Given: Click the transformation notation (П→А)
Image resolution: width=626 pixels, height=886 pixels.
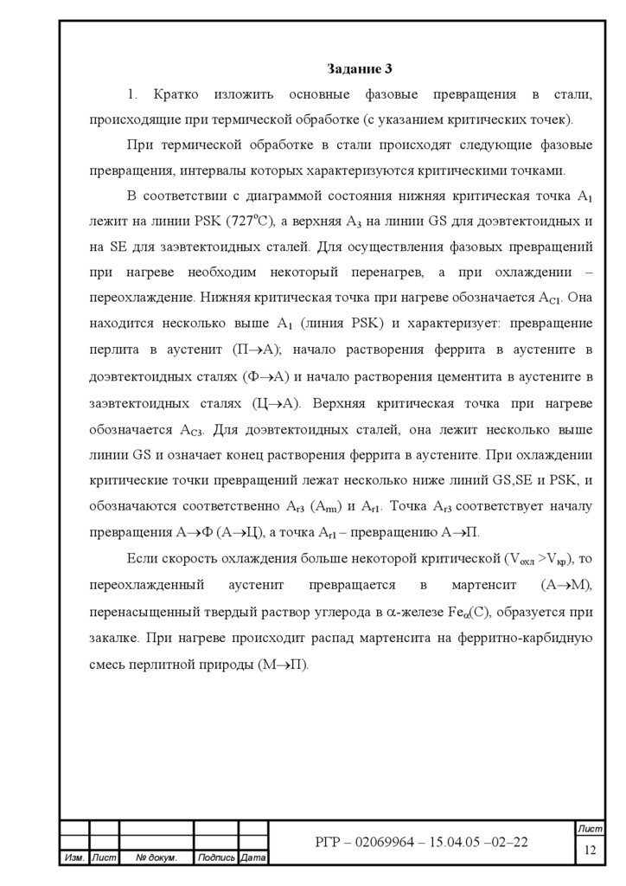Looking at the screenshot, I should coord(264,349).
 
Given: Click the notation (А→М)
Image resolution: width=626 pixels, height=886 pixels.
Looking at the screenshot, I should coord(565,586).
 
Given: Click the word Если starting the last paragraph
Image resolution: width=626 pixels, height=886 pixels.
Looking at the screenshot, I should coord(143,560).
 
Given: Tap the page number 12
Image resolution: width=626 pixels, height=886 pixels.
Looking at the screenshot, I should coord(591,850).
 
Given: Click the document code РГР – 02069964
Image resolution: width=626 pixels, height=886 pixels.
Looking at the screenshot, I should coord(380,842).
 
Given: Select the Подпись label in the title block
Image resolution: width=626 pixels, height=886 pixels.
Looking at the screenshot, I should coord(215,857).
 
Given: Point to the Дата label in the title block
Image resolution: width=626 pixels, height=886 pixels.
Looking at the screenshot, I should coord(252,857).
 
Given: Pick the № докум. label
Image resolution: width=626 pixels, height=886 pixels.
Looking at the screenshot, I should coord(156,857).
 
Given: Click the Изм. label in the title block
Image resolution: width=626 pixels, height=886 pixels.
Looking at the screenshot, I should coord(73,857).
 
